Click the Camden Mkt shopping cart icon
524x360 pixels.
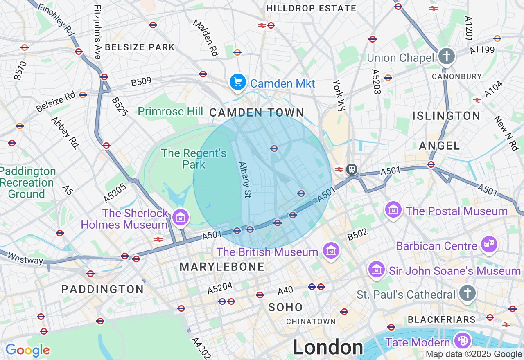237,82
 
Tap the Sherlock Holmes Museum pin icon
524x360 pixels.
181,217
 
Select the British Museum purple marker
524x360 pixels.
331,250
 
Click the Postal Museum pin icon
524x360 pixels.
393,210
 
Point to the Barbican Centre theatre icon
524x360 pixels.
488,244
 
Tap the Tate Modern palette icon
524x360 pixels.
463,340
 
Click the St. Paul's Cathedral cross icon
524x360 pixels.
467,293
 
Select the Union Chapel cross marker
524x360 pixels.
446,56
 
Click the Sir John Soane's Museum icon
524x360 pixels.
376,270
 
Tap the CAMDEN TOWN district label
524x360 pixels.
257,113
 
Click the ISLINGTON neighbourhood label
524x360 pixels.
446,116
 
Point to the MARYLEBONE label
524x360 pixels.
222,267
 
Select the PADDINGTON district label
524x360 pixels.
102,289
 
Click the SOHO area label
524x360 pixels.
286,307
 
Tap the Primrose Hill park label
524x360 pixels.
170,111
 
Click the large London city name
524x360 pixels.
327,347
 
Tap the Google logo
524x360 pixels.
27,350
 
